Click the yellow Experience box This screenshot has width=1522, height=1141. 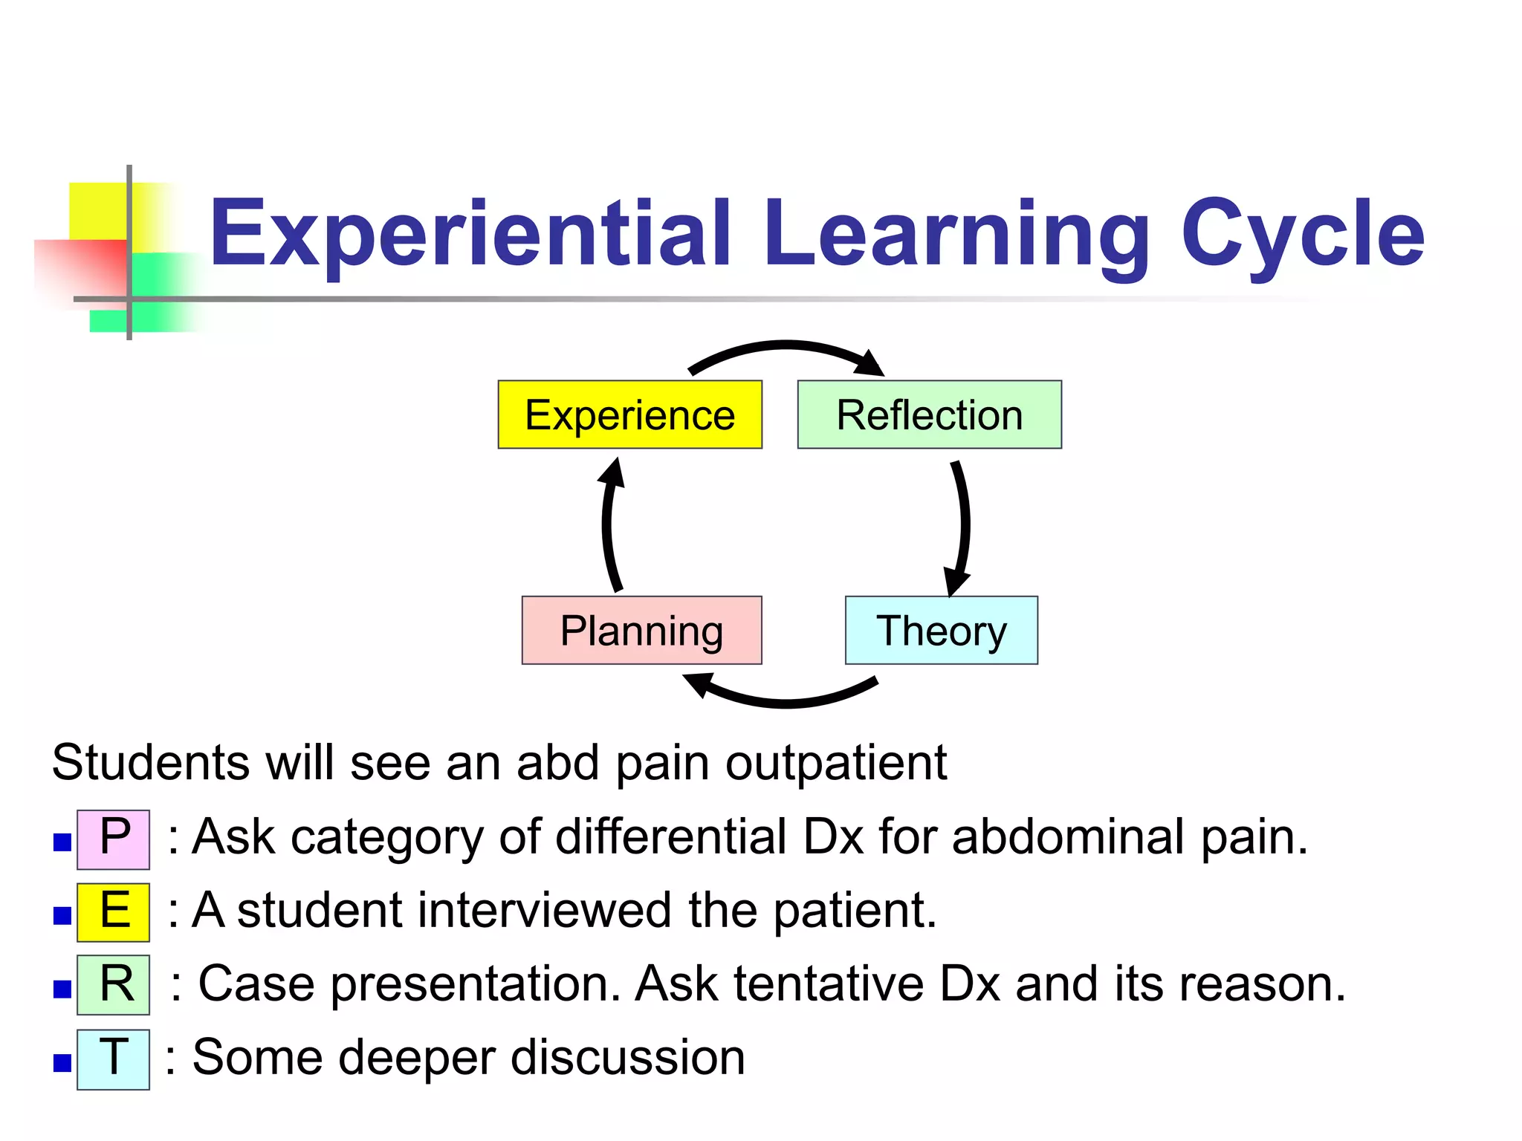[629, 415]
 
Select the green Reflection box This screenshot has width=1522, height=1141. [929, 415]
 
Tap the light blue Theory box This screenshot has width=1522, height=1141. [941, 630]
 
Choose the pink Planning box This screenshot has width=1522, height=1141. [641, 630]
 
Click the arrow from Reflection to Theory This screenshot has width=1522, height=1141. [964, 524]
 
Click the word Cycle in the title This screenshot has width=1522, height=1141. [1302, 234]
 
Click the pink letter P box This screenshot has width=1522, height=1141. [114, 839]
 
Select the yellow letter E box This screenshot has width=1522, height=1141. [114, 912]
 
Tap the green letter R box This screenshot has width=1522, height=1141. [114, 985]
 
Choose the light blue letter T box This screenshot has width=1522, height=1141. [114, 1059]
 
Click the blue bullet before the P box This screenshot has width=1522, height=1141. [62, 842]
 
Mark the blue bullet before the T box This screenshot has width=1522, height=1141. [62, 1063]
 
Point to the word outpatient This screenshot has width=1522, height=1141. [836, 764]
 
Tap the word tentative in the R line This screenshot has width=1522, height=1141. [829, 984]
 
